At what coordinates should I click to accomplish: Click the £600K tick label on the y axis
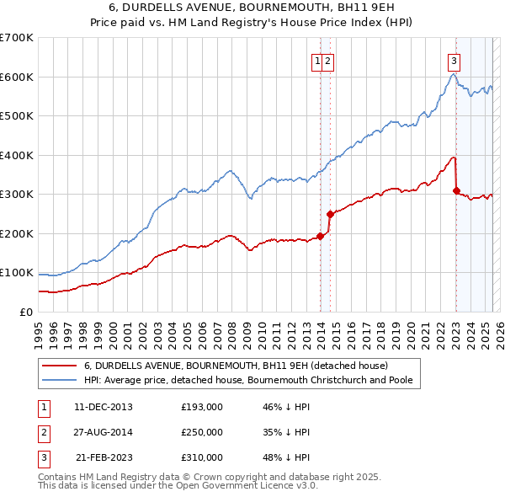point(16,77)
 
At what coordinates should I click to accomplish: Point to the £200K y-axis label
point(16,233)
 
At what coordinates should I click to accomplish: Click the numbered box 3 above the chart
point(454,60)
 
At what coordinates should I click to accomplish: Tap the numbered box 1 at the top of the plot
point(317,60)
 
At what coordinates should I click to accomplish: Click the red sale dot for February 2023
point(456,191)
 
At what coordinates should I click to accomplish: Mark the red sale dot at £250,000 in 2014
point(330,214)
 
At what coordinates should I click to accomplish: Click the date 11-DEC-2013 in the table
point(104,406)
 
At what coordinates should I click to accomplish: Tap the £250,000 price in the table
point(202,432)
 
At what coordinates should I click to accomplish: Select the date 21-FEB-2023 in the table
point(104,457)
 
